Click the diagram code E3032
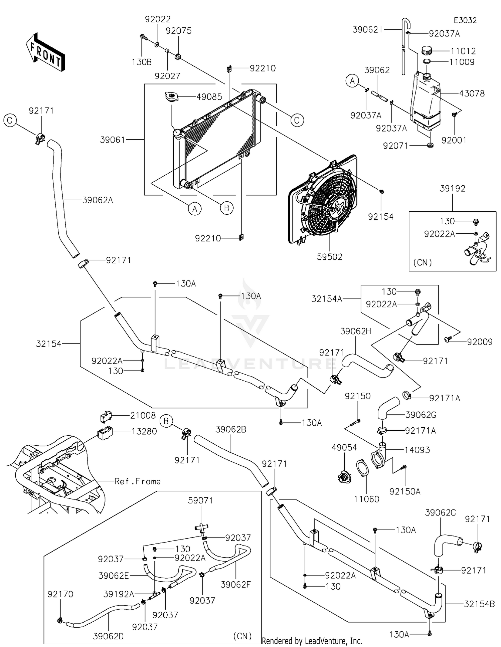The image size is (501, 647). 465,20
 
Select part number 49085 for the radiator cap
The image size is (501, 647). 209,97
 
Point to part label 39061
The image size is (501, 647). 113,140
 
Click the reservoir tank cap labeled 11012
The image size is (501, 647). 427,51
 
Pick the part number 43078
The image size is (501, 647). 472,93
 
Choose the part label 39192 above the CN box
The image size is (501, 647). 452,188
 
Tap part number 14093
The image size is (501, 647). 417,450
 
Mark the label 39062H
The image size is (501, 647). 356,331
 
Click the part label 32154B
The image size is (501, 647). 479,604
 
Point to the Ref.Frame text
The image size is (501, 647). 137,481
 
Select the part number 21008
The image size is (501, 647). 143,415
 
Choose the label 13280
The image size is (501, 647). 144,431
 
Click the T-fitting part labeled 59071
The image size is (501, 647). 201,527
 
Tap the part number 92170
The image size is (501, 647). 60,594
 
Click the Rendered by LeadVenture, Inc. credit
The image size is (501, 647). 312,641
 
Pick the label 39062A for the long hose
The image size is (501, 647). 98,200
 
